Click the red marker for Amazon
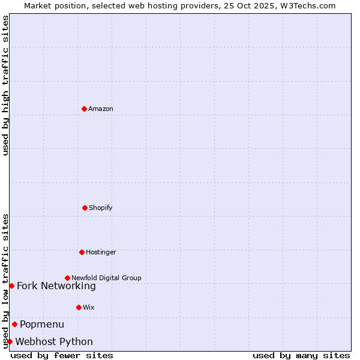[84, 109]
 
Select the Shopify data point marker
[85, 208]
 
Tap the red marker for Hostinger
[82, 252]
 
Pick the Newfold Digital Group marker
[67, 278]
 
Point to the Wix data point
[79, 307]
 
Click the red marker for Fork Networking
[11, 286]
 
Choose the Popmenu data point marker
[14, 324]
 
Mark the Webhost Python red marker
[10, 341]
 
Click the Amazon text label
[101, 109]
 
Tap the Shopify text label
[101, 208]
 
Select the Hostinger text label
[101, 253]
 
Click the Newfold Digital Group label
[106, 278]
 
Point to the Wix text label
[89, 308]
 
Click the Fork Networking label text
[56, 286]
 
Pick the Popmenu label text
[42, 325]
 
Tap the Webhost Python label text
[54, 342]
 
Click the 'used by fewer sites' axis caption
[62, 355]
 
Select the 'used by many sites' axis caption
[301, 355]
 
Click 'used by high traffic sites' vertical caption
[5, 85]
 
